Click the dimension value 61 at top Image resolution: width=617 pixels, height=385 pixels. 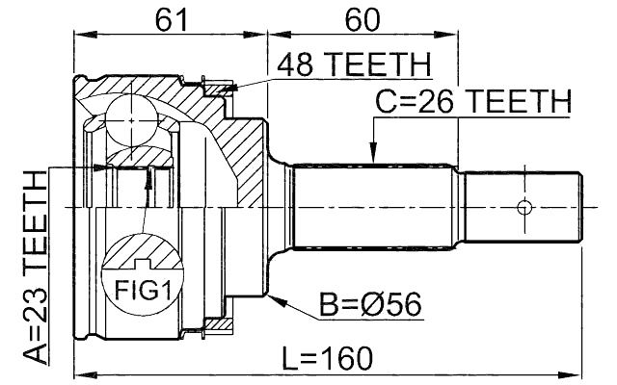click(x=170, y=16)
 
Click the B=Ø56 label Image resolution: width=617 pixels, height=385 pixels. click(x=371, y=304)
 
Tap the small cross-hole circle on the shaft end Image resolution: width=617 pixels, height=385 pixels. click(x=523, y=207)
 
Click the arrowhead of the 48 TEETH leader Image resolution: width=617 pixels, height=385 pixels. click(x=228, y=90)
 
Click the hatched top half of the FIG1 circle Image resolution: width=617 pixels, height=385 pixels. click(x=141, y=252)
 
